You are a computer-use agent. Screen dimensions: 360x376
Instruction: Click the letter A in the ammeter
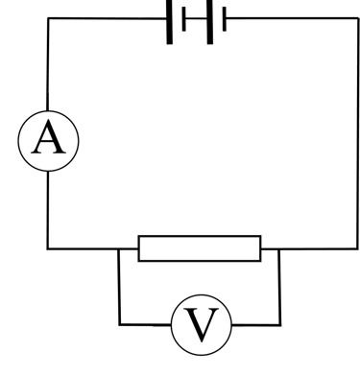48,142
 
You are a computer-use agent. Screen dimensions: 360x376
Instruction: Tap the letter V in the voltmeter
202,325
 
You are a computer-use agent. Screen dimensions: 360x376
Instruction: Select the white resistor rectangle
200,248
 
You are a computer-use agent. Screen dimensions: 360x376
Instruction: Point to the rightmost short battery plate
224,18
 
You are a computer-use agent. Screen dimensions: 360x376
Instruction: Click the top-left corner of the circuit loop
48,18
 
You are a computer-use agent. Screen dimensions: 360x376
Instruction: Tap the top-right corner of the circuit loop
356,18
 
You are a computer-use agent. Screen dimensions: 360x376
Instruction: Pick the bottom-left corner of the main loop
48,248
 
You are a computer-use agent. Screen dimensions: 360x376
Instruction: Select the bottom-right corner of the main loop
356,248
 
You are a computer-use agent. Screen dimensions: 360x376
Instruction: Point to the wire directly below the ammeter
48,211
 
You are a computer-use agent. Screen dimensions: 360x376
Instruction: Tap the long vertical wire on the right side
356,134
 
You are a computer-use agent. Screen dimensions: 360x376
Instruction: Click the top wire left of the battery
106,18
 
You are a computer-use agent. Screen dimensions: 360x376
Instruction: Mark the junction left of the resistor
119,248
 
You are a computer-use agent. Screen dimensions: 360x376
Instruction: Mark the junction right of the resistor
280,248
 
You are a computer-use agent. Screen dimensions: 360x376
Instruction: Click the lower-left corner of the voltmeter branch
119,324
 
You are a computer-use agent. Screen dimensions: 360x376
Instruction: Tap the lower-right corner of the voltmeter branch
280,324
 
